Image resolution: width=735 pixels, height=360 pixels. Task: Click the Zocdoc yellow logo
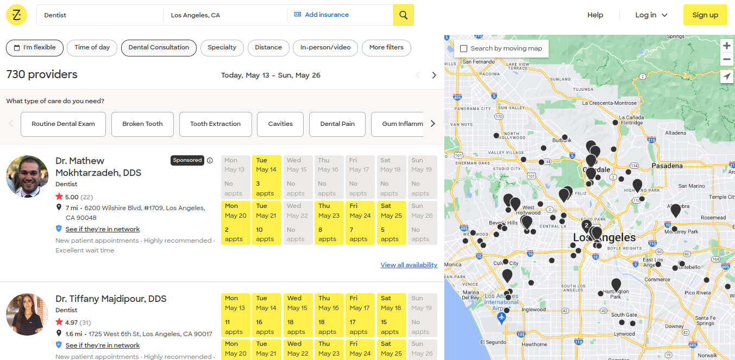point(17,15)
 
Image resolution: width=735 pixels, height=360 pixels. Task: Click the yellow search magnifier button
point(403,15)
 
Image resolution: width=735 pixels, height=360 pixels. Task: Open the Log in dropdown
point(651,15)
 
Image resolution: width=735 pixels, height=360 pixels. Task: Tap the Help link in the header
point(595,15)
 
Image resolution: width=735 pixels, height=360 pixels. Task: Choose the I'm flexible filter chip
point(35,48)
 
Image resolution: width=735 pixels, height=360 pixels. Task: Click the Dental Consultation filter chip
point(159,48)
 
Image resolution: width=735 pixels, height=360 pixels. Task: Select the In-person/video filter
point(325,48)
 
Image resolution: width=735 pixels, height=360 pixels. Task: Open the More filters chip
point(386,48)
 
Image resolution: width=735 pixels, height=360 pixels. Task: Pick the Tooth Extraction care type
point(215,124)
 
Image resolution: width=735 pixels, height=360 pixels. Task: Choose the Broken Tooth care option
point(142,124)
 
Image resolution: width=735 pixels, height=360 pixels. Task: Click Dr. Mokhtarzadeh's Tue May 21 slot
point(266,223)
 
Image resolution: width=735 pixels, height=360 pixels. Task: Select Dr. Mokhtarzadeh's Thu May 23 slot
point(328,223)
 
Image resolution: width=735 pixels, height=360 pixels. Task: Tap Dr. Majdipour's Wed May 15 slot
point(297,315)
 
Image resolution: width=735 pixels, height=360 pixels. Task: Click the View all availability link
point(409,265)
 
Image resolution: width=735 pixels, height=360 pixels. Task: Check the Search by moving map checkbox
point(463,49)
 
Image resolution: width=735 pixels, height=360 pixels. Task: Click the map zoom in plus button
point(727,46)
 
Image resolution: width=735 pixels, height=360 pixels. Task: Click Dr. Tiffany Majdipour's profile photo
point(27,314)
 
